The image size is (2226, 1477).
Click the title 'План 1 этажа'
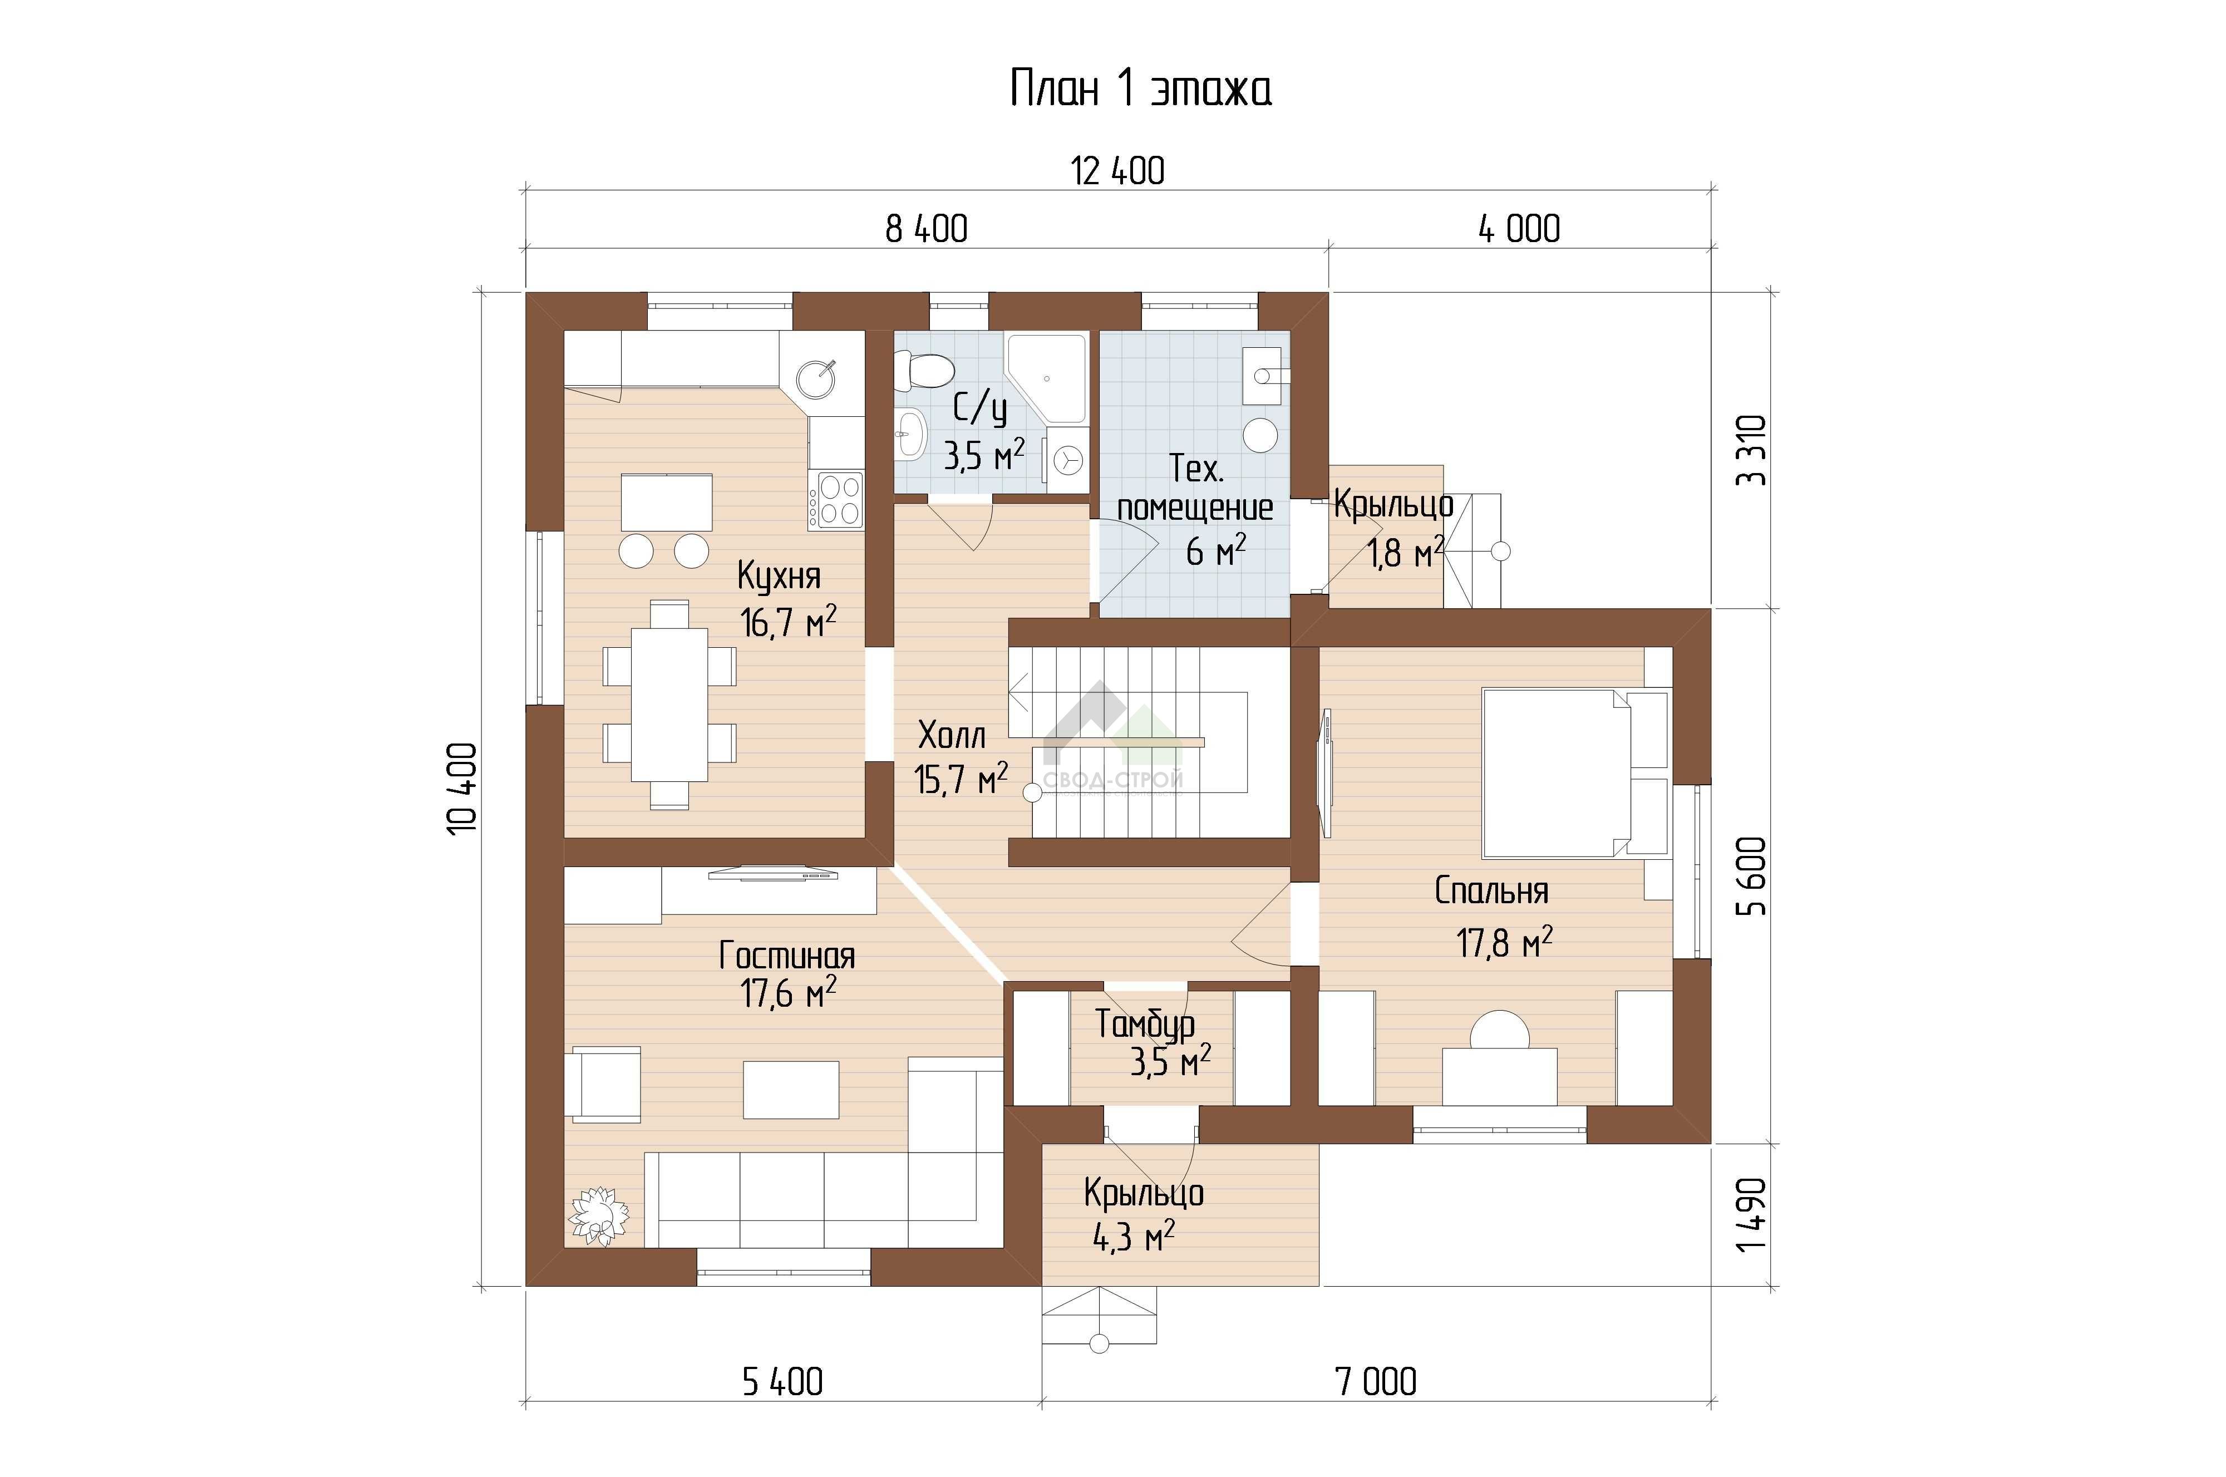pos(1141,88)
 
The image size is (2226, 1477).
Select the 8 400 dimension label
pos(926,229)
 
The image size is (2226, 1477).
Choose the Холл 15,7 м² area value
pos(961,779)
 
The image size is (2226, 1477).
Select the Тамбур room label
pos(1145,1024)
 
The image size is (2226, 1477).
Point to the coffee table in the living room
pos(791,1090)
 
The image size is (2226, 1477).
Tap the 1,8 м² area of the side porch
pos(1406,553)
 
